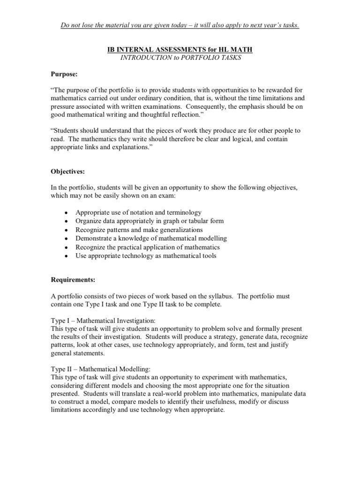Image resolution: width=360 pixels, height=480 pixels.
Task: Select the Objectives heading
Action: click(x=67, y=172)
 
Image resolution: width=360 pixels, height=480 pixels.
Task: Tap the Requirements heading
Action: click(x=73, y=280)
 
